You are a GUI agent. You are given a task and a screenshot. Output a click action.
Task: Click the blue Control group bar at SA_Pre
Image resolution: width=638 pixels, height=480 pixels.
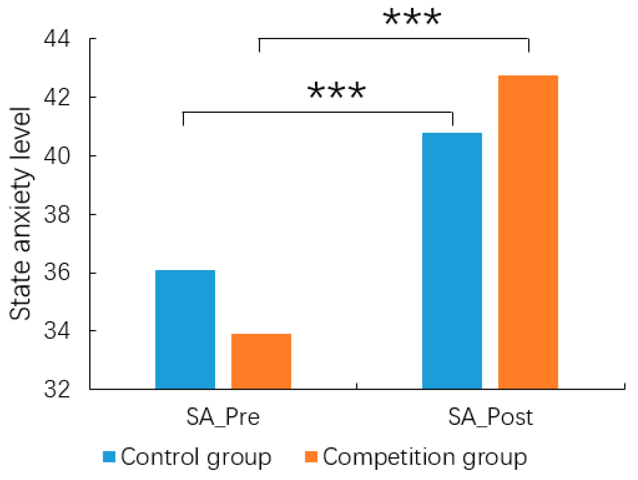pyautogui.click(x=185, y=329)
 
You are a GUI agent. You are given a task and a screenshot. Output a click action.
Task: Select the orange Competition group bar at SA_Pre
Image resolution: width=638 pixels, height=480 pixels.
pyautogui.click(x=261, y=361)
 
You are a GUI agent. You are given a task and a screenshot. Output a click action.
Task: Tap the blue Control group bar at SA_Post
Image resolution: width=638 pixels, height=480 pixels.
pyautogui.click(x=452, y=261)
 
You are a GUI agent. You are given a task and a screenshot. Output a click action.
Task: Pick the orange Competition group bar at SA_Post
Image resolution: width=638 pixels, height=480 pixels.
pyautogui.click(x=528, y=232)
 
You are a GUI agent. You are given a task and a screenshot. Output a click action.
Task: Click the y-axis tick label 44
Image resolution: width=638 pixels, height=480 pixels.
pyautogui.click(x=57, y=39)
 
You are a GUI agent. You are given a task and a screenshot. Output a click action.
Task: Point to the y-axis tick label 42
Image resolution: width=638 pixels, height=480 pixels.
pyautogui.click(x=57, y=97)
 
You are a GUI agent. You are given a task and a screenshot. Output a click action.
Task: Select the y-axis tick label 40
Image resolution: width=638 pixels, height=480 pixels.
pyautogui.click(x=57, y=156)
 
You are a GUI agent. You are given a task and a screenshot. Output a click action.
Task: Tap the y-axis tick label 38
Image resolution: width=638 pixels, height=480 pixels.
pyautogui.click(x=57, y=215)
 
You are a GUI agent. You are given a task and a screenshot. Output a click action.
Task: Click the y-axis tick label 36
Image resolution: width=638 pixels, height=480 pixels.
pyautogui.click(x=57, y=273)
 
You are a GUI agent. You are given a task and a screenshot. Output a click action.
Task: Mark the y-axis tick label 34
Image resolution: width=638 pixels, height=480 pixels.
pyautogui.click(x=57, y=331)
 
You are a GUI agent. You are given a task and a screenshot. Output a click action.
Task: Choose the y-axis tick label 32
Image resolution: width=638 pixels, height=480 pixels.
pyautogui.click(x=57, y=389)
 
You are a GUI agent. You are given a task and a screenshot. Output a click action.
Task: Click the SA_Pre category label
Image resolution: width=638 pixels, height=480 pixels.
pyautogui.click(x=223, y=417)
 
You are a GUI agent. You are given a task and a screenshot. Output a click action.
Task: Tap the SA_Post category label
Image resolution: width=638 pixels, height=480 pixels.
pyautogui.click(x=490, y=417)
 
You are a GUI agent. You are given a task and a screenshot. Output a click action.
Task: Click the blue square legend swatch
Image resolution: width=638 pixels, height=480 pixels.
pyautogui.click(x=109, y=457)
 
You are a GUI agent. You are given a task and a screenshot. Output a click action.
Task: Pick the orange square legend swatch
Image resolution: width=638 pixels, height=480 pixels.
pyautogui.click(x=311, y=457)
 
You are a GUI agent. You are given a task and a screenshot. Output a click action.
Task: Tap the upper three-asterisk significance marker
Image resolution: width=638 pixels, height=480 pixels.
pyautogui.click(x=412, y=18)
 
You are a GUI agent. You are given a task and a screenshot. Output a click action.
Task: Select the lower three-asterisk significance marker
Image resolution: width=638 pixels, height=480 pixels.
pyautogui.click(x=337, y=91)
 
